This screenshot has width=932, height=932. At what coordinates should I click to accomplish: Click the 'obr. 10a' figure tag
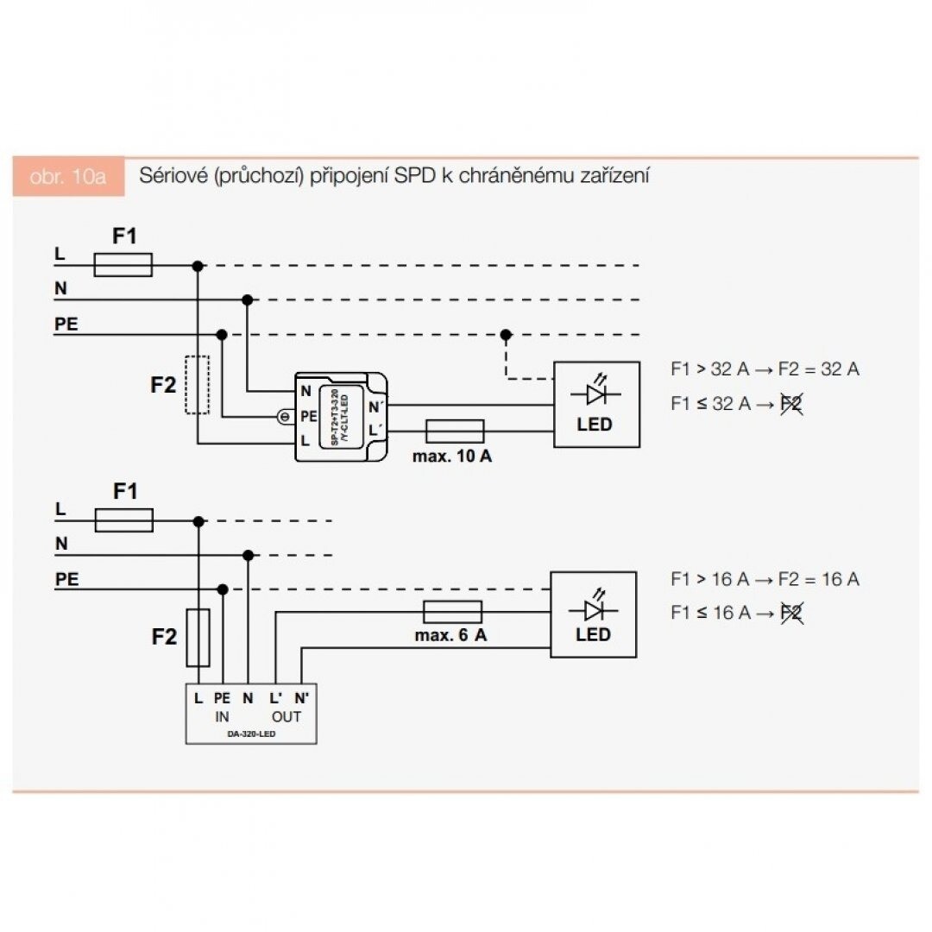click(x=67, y=177)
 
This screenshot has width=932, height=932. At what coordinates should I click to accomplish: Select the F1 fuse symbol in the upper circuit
click(x=123, y=265)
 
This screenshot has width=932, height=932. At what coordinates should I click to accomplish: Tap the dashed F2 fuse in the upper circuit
click(x=198, y=384)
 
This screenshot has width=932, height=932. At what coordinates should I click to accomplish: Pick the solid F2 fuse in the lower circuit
click(x=198, y=637)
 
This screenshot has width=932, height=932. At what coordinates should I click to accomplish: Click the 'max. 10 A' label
click(x=452, y=457)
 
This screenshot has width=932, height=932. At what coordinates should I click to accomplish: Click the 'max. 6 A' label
click(x=451, y=636)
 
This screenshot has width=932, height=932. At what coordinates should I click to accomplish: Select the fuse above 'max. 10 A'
click(x=455, y=431)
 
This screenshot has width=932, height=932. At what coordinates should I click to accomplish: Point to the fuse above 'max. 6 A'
click(x=452, y=612)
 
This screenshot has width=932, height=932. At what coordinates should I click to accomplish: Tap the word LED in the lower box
click(x=593, y=635)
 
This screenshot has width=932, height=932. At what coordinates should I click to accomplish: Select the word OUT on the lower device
click(x=287, y=717)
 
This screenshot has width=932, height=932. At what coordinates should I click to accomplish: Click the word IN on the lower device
click(x=222, y=717)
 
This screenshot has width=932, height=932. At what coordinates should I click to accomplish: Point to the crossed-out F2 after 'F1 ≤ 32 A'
click(x=790, y=403)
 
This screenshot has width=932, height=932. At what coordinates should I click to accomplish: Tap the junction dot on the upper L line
click(x=198, y=266)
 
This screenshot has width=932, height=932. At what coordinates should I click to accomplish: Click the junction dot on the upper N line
click(x=248, y=299)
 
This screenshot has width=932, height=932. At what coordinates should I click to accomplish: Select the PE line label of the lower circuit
click(x=66, y=580)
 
